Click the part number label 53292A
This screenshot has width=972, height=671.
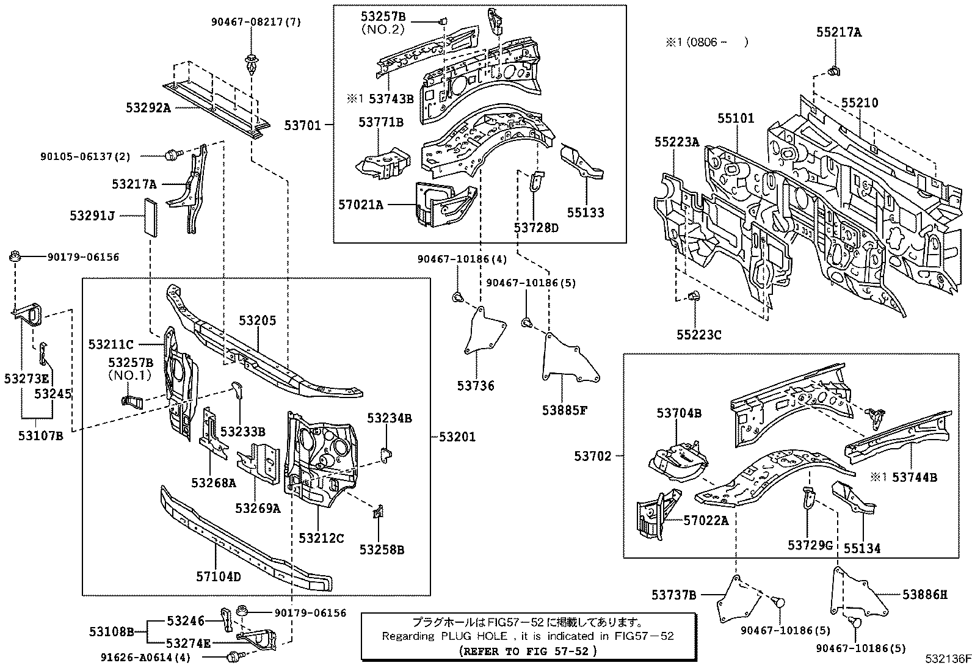pyautogui.click(x=148, y=107)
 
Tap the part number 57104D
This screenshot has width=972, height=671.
pyautogui.click(x=218, y=575)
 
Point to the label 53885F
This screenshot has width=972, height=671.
pyautogui.click(x=564, y=410)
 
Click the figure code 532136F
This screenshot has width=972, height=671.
pyautogui.click(x=947, y=659)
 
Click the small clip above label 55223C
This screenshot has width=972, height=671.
pyautogui.click(x=694, y=297)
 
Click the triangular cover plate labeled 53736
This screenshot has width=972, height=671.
pyautogui.click(x=484, y=333)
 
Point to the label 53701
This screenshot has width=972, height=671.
pyautogui.click(x=302, y=126)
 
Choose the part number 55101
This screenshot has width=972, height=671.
pyautogui.click(x=735, y=118)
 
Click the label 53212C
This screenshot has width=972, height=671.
pyautogui.click(x=321, y=538)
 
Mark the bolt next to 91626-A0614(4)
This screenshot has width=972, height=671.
pyautogui.click(x=232, y=657)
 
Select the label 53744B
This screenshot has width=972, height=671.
pyautogui.click(x=914, y=477)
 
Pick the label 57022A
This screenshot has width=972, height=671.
pyautogui.click(x=706, y=520)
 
